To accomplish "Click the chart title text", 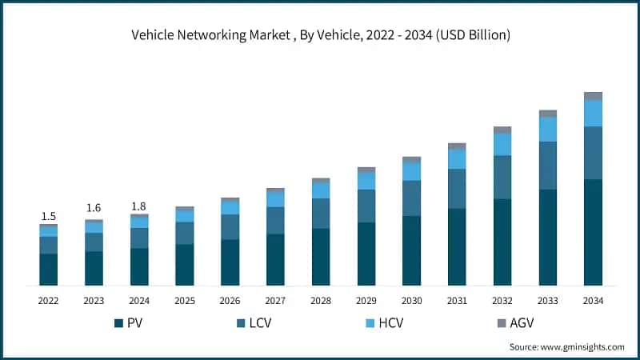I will [320, 35].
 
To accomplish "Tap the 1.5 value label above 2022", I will [48, 216].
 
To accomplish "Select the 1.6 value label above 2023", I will [94, 209].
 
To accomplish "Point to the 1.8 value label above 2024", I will [139, 206].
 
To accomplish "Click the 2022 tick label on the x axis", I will [48, 301].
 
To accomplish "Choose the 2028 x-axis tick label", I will [321, 301].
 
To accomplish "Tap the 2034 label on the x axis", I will [593, 301].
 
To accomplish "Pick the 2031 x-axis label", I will [457, 301].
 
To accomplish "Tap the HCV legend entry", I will [384, 323].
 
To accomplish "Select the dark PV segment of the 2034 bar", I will [593, 232].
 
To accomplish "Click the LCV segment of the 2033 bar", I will [547, 166].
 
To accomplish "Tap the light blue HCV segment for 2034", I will [593, 113].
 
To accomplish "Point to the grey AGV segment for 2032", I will [502, 130].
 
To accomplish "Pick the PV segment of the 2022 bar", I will [48, 269].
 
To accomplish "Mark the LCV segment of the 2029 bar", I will [366, 206].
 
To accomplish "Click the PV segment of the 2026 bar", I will [230, 262].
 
